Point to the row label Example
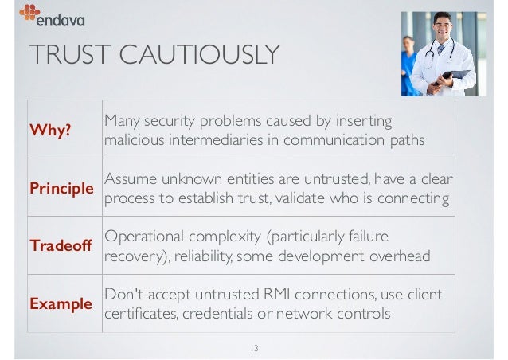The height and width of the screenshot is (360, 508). tap(60, 303)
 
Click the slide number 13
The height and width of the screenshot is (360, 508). tap(254, 347)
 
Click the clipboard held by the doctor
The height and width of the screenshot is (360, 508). tap(455, 76)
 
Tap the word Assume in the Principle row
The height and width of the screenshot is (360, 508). tap(131, 178)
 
